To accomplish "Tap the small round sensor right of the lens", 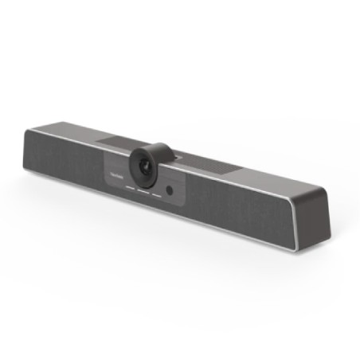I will (170, 190).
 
